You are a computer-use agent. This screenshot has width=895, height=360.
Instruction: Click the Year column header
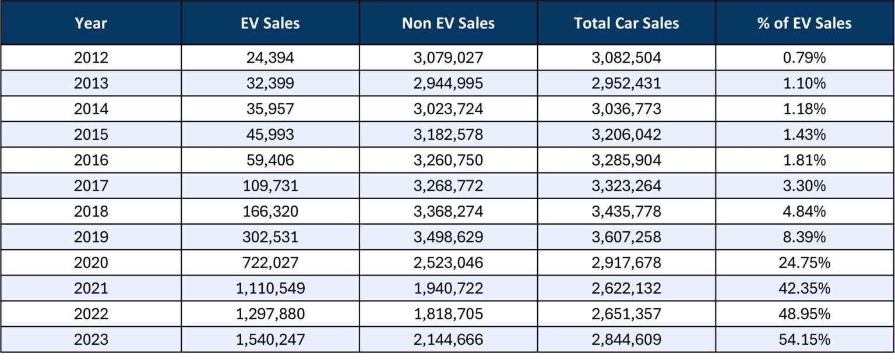coord(91,23)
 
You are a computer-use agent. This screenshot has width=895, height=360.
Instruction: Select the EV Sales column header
coord(270,23)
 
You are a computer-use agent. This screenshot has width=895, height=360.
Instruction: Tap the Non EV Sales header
coord(448,23)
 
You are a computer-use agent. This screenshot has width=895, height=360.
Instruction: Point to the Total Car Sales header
coord(626,23)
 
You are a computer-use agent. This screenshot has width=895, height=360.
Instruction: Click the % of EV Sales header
coord(805,23)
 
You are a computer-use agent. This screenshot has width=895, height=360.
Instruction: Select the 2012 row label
coord(91,58)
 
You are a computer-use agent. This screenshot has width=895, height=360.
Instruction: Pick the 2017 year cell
coord(91,186)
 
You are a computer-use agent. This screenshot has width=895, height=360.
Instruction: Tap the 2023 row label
coord(91,340)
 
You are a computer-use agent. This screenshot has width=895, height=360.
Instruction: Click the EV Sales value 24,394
coord(270,58)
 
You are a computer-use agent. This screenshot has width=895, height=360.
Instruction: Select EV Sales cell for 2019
coord(270,237)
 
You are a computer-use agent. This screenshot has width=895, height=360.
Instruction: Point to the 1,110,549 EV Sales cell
coord(270,288)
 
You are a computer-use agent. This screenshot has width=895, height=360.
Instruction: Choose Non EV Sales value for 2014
coord(448,109)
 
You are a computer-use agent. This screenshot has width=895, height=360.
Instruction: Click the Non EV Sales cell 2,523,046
coord(448,263)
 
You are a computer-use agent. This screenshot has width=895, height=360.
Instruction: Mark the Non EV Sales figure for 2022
coord(448,314)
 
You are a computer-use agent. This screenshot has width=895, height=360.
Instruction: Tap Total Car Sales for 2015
coord(626,135)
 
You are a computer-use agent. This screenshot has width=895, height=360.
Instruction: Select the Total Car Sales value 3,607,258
coord(626,237)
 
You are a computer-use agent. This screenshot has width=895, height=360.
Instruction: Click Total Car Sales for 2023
coord(626,340)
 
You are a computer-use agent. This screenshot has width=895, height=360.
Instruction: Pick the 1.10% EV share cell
coord(805,83)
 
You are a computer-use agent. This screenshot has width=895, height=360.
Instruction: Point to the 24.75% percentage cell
coord(805,263)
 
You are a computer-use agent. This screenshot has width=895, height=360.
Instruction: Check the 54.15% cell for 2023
coord(805,340)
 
